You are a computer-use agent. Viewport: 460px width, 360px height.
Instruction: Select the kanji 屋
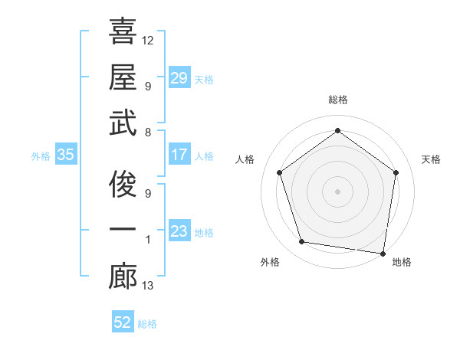(123, 77)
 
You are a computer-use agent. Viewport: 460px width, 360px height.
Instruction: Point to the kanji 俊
(123, 184)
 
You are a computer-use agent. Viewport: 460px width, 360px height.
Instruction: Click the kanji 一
(123, 230)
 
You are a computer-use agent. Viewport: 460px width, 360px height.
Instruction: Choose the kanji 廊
(123, 277)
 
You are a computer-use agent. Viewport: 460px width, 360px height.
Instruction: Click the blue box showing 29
(179, 78)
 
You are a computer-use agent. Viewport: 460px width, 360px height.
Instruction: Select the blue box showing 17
(179, 155)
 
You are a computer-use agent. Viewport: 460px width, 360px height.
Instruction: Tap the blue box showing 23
(179, 231)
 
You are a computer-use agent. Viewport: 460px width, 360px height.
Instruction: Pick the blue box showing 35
(65, 155)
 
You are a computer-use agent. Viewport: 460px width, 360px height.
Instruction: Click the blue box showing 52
(123, 322)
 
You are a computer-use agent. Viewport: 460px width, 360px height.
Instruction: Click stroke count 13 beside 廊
(148, 286)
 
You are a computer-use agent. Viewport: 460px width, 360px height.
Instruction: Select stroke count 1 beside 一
(148, 240)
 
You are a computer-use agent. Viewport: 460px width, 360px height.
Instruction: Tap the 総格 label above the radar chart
(337, 100)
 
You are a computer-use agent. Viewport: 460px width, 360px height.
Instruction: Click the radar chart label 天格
(431, 159)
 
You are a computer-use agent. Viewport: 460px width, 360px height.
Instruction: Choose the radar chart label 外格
(269, 262)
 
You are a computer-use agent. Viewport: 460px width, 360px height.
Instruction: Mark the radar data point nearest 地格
(383, 253)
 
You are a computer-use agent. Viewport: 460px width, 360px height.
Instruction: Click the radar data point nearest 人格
(280, 172)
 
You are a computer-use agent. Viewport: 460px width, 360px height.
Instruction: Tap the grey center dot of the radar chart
(337, 191)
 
